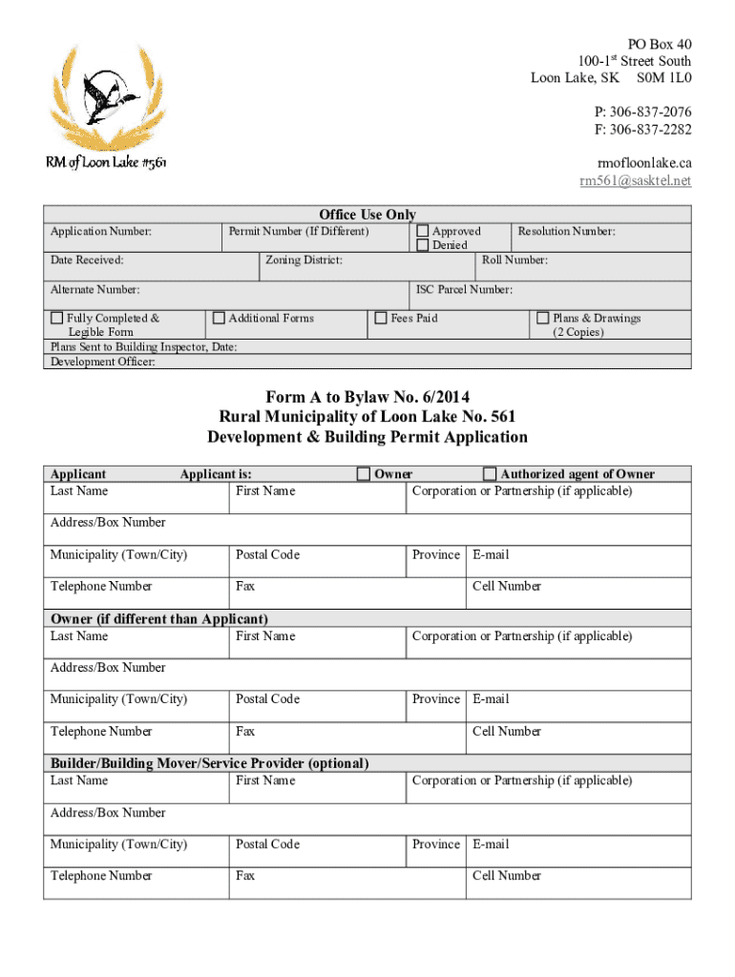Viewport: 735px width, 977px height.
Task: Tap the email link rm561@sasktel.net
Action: coord(636,180)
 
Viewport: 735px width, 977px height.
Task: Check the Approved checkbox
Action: coord(423,231)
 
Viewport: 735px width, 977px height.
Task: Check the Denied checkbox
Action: coord(423,245)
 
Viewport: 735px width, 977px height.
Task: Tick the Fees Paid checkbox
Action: coord(381,318)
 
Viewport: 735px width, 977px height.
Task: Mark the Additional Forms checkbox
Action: coord(219,318)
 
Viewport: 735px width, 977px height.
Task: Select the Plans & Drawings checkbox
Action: coord(543,318)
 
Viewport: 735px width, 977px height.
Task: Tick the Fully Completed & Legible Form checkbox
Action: coord(57,318)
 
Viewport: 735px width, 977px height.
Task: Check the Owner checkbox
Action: coord(364,473)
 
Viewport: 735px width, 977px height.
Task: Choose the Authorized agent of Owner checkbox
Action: coord(490,473)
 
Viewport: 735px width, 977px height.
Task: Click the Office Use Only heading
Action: coord(367,215)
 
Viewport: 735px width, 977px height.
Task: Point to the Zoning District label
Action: coord(304,260)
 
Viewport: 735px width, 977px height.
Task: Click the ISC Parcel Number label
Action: coord(464,289)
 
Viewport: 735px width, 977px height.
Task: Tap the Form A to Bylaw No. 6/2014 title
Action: coord(367,396)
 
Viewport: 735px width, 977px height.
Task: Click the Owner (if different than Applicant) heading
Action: coord(158,619)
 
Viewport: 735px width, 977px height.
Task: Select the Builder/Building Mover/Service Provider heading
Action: coord(209,763)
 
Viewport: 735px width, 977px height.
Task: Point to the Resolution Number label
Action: coord(566,231)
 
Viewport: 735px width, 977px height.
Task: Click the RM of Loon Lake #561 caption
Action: coord(106,163)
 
